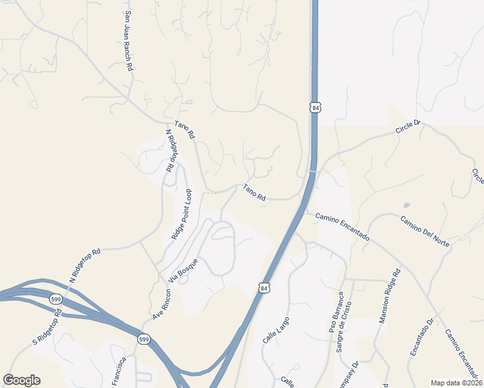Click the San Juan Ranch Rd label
point(129,40)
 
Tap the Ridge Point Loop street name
point(182,215)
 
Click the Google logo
point(21,380)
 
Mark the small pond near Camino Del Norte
point(406,206)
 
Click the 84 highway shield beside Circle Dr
point(314,107)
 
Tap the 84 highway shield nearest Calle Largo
point(263,287)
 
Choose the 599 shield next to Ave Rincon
point(144,339)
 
